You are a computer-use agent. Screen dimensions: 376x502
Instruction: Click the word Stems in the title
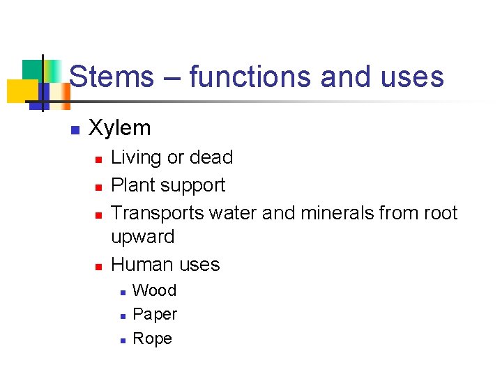tap(112, 77)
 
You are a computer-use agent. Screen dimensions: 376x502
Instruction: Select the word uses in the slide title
tap(411, 77)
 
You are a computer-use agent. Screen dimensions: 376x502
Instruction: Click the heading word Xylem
tap(120, 127)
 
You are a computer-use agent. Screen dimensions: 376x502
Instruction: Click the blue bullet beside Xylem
tap(75, 129)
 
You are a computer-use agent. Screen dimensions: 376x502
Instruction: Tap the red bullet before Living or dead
tap(99, 159)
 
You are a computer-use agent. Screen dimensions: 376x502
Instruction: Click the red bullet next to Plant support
tap(99, 187)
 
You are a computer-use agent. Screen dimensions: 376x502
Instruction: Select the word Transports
tap(158, 213)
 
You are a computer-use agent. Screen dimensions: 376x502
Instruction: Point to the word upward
tap(143, 237)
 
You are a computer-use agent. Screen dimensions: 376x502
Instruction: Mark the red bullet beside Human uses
tap(99, 267)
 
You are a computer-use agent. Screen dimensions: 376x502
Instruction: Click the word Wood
tap(154, 290)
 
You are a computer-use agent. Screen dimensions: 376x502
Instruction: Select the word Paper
tap(155, 315)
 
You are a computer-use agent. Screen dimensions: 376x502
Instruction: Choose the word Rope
tap(152, 338)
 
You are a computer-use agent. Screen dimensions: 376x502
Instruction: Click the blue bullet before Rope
tap(122, 340)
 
